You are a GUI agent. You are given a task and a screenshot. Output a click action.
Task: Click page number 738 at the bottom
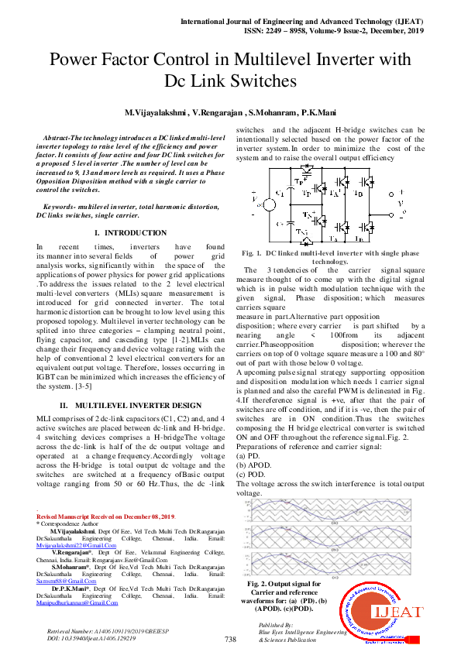coord(230,640)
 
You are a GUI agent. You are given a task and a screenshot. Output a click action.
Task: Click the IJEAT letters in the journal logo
coord(399,613)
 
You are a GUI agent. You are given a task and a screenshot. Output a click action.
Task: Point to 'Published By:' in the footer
coord(276,624)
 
